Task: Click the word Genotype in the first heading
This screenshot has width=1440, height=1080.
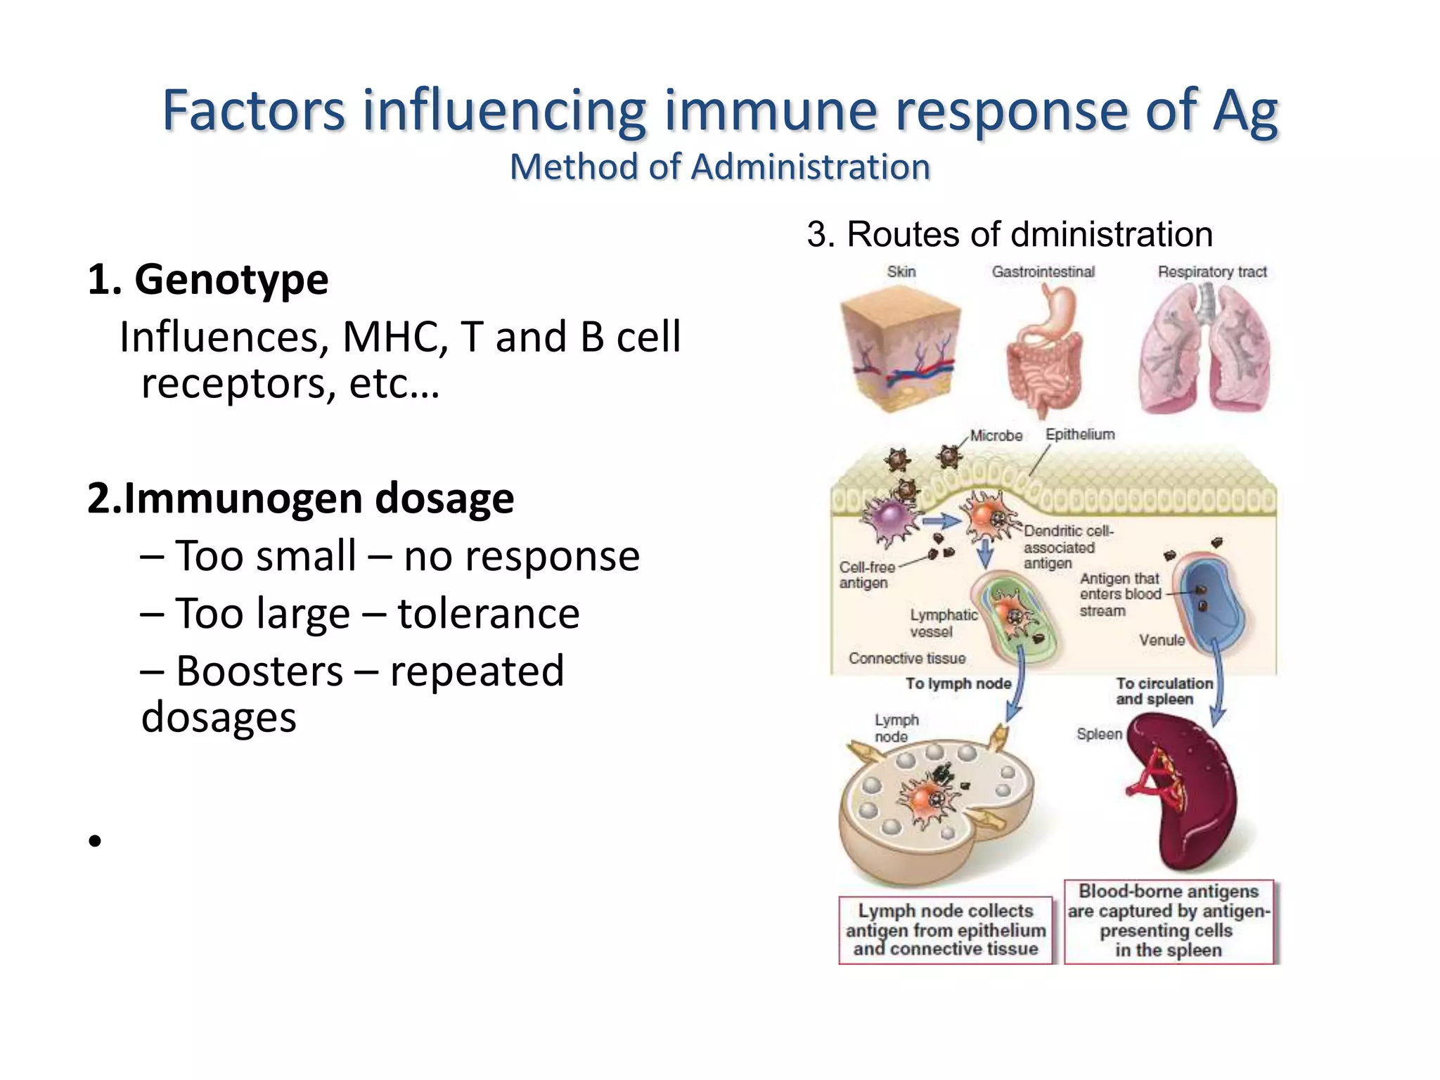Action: [x=231, y=280]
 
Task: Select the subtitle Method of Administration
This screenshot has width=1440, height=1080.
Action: [x=719, y=167]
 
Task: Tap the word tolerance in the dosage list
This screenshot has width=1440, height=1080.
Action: [x=488, y=613]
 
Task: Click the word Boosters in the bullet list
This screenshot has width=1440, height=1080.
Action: [x=259, y=671]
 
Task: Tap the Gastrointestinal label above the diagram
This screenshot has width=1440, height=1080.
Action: [x=1043, y=271]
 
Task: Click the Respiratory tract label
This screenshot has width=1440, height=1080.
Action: [x=1211, y=271]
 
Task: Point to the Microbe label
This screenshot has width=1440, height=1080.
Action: [x=996, y=435]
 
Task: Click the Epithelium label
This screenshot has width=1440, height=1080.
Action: [x=1079, y=434]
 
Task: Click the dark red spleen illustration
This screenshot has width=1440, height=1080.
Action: [x=1181, y=791]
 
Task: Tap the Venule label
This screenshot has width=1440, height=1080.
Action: [x=1162, y=640]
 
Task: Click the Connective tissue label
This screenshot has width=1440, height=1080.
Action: [x=906, y=658]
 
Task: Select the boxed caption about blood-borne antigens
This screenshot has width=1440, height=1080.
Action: [x=1169, y=920]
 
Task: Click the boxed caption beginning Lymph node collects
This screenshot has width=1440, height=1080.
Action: [x=945, y=930]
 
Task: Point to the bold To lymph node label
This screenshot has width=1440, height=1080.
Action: [x=958, y=683]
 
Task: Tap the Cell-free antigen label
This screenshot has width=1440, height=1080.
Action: [x=866, y=574]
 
